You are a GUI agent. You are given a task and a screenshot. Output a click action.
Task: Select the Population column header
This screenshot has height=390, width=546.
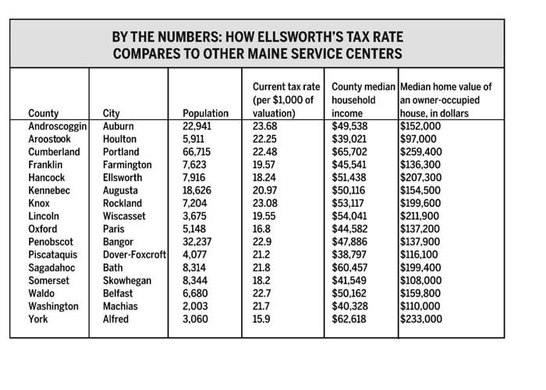[x=204, y=113]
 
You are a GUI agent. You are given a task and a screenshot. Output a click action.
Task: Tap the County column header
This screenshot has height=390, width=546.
[x=43, y=113]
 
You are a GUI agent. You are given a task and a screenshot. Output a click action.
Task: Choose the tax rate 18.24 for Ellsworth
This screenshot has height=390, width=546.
[x=265, y=177]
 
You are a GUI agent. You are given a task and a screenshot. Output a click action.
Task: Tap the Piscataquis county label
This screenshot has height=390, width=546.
[x=54, y=255]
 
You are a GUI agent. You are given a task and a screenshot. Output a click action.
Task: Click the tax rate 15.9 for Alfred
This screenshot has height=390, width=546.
[x=263, y=320]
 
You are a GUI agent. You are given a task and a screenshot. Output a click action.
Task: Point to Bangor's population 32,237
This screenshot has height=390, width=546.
[x=200, y=242]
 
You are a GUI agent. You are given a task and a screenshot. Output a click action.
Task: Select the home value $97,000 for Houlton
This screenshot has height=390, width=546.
[x=418, y=138]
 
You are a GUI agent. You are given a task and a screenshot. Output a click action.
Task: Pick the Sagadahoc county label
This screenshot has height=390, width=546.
[x=53, y=268]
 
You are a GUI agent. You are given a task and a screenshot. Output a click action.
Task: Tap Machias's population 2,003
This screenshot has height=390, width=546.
[x=196, y=307]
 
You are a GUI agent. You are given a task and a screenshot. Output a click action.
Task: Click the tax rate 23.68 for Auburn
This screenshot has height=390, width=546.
[x=265, y=126]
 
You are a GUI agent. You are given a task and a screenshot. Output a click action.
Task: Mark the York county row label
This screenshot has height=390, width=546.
[x=38, y=320]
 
